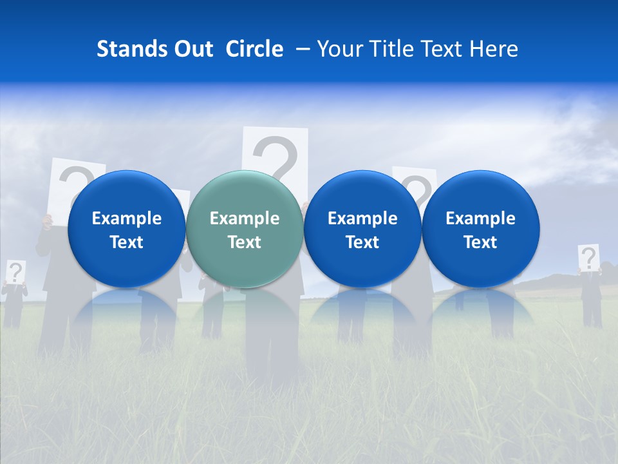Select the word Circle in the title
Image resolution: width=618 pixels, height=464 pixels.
click(254, 49)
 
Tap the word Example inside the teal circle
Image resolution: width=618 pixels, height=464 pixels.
click(245, 218)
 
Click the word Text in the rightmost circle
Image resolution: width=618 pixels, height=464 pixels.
click(481, 242)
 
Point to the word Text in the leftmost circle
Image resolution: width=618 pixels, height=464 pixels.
click(126, 242)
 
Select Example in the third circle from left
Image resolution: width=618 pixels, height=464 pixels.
click(362, 218)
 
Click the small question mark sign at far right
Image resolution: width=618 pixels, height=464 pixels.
click(588, 258)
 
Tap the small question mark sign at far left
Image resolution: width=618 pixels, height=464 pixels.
click(15, 272)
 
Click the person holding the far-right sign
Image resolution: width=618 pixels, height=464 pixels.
click(592, 296)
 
